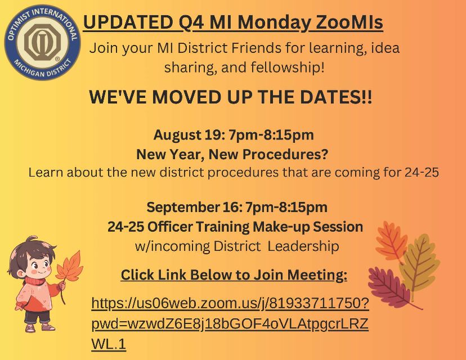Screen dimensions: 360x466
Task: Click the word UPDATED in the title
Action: [127, 23]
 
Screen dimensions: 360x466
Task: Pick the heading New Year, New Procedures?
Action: [232, 154]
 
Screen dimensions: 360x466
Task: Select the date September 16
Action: [189, 207]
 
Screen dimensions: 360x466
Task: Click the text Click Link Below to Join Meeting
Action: [234, 275]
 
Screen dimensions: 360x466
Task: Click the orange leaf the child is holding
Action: [68, 269]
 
